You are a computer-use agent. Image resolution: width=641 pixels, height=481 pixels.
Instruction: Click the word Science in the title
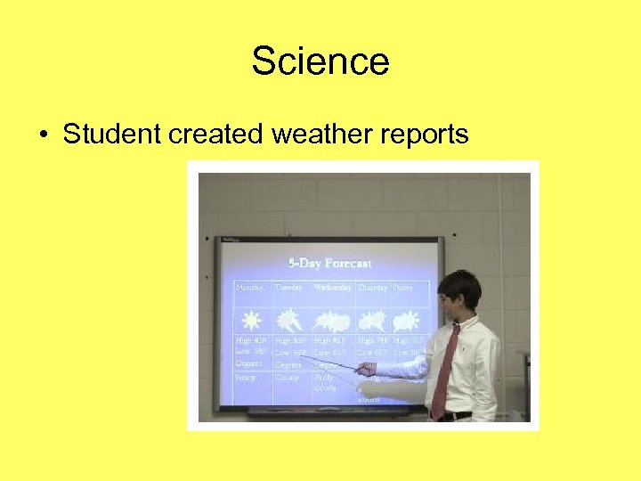320,61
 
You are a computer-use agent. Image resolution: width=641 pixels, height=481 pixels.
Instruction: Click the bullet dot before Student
44,135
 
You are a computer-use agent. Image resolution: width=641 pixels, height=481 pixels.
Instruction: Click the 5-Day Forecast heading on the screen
329,263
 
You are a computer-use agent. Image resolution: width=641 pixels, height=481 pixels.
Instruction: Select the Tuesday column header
288,288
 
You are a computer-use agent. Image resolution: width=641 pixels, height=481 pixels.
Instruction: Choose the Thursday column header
372,288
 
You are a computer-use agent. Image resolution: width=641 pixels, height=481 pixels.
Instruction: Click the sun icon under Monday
251,321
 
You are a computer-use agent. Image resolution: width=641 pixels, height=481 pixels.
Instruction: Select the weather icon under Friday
407,321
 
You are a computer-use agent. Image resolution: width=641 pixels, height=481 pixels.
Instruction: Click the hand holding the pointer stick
365,369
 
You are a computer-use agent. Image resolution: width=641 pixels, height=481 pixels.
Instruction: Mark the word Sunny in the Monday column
245,377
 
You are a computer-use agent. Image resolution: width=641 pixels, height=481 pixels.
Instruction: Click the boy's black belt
453,415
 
